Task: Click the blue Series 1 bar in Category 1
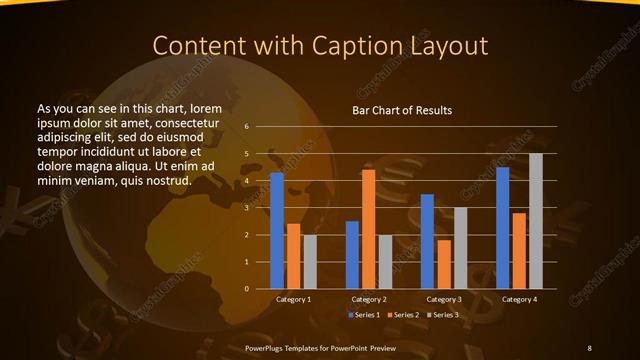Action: pyautogui.click(x=277, y=231)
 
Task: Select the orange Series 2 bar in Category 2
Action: pyautogui.click(x=368, y=229)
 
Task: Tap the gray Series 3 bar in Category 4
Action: pyautogui.click(x=535, y=221)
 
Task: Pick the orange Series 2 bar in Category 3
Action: pyautogui.click(x=444, y=264)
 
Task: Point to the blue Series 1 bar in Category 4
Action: pyautogui.click(x=502, y=228)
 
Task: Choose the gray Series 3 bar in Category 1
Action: pyautogui.click(x=309, y=262)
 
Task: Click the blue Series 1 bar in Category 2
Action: pyautogui.click(x=352, y=255)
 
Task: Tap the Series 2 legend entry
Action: pyautogui.click(x=403, y=315)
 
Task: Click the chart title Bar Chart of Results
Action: pyautogui.click(x=402, y=110)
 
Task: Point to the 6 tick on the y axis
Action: pyautogui.click(x=246, y=127)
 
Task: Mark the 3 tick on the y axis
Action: pyautogui.click(x=246, y=208)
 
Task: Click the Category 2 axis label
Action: pyautogui.click(x=368, y=299)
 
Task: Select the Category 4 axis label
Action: pyautogui.click(x=518, y=299)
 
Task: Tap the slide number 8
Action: pyautogui.click(x=589, y=346)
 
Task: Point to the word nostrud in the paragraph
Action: pyautogui.click(x=165, y=180)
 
